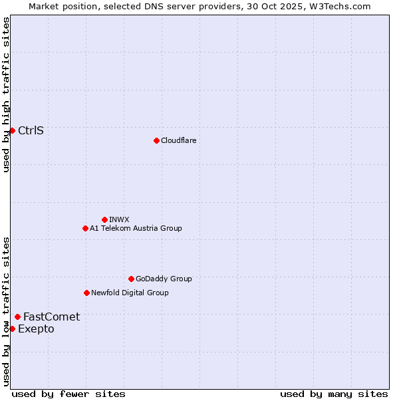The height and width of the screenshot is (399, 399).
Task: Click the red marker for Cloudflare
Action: click(156, 140)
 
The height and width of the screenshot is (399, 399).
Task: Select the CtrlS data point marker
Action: click(12, 130)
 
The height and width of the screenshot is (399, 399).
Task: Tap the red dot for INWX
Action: click(104, 219)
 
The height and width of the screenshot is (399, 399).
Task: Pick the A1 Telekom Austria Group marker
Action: click(85, 228)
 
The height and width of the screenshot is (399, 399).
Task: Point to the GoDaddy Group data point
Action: click(131, 279)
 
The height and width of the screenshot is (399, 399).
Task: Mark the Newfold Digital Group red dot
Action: click(86, 293)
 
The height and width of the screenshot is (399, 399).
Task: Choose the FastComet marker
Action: click(17, 317)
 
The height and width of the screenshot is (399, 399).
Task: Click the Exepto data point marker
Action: click(12, 329)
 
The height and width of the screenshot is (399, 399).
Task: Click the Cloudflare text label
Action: click(178, 140)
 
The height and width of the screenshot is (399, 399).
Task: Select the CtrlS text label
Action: click(31, 130)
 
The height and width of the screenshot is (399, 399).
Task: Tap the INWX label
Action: click(119, 219)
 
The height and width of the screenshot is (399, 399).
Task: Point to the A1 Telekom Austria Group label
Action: click(136, 228)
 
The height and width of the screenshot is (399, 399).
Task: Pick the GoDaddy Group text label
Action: click(164, 279)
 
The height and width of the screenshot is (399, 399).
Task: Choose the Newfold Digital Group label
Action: click(130, 293)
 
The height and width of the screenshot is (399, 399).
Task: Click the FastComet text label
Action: click(51, 317)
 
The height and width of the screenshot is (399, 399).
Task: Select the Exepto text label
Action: click(36, 329)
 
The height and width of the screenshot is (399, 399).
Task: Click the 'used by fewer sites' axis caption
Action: click(68, 394)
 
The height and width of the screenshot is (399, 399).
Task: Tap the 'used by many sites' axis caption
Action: click(334, 394)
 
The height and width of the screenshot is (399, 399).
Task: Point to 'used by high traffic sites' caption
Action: click(6, 95)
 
